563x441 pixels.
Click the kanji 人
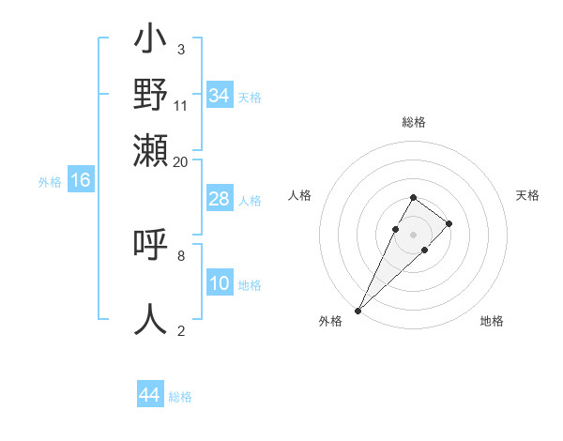pyautogui.click(x=151, y=318)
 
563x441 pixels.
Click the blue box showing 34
pyautogui.click(x=219, y=96)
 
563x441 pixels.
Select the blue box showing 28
pyautogui.click(x=219, y=199)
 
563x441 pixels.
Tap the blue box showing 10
pyautogui.click(x=219, y=284)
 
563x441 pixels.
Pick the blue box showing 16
pyautogui.click(x=81, y=181)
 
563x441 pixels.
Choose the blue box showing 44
pyautogui.click(x=149, y=395)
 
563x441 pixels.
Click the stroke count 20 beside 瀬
pyautogui.click(x=180, y=161)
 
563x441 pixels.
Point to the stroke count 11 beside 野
pyautogui.click(x=180, y=105)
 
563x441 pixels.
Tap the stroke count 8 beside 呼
pyautogui.click(x=180, y=254)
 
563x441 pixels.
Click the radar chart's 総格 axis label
pyautogui.click(x=413, y=123)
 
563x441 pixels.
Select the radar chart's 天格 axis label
pyautogui.click(x=527, y=195)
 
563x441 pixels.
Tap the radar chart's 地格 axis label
pyautogui.click(x=492, y=321)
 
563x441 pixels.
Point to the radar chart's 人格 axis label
pyautogui.click(x=299, y=195)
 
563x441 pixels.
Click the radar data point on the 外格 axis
pyautogui.click(x=358, y=310)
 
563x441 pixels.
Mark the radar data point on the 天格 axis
pyautogui.click(x=449, y=223)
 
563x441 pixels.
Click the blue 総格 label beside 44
pyautogui.click(x=180, y=397)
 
